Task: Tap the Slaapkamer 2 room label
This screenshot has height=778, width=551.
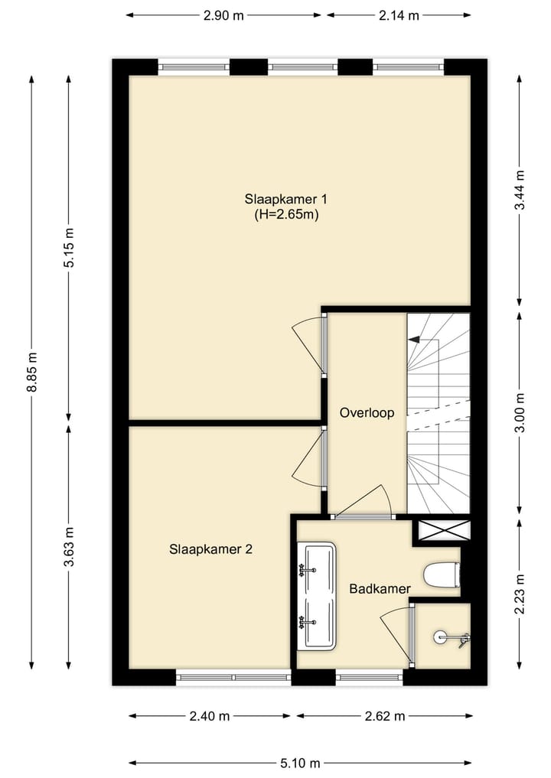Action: pos(210,549)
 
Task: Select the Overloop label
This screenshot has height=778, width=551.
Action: pos(367,413)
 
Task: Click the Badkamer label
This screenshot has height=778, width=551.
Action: pos(380,588)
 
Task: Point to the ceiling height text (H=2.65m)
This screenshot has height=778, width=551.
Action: pos(286,215)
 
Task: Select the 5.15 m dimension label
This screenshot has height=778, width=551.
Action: pos(69,247)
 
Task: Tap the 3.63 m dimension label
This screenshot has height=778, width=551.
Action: pos(69,546)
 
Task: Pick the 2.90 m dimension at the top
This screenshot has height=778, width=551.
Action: pos(223,15)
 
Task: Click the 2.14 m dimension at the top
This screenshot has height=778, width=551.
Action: pos(399,15)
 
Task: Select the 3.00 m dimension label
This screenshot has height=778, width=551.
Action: pos(520,412)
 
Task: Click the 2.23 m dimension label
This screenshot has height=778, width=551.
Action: pos(520,594)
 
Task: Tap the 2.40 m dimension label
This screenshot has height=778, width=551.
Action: pos(210,717)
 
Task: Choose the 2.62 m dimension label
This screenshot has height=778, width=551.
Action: pos(384,717)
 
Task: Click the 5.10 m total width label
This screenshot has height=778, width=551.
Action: pos(300,763)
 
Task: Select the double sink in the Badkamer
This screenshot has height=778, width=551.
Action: pos(317,596)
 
